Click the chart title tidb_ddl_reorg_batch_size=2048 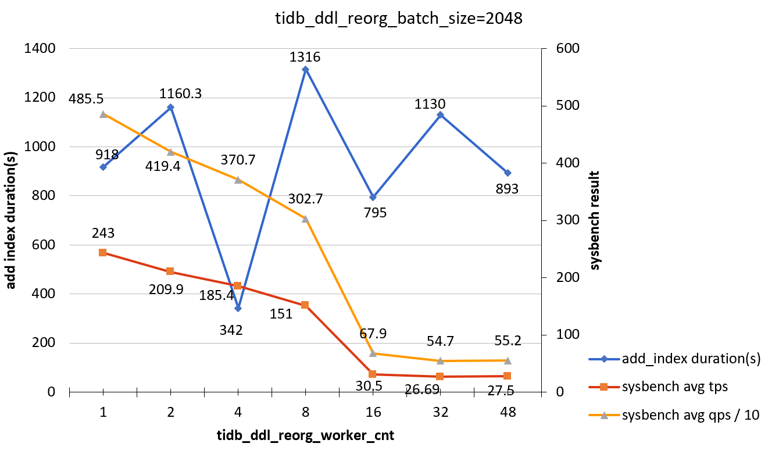399,19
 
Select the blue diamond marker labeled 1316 305,69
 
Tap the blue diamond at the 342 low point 238,308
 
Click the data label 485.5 85,99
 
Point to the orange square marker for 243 103,252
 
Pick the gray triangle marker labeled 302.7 305,219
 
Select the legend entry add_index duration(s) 691,359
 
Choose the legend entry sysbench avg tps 675,386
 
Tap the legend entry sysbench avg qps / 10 691,415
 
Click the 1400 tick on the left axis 39,49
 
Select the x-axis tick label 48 508,412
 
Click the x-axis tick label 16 373,412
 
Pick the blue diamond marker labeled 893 508,173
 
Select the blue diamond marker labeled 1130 440,115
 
